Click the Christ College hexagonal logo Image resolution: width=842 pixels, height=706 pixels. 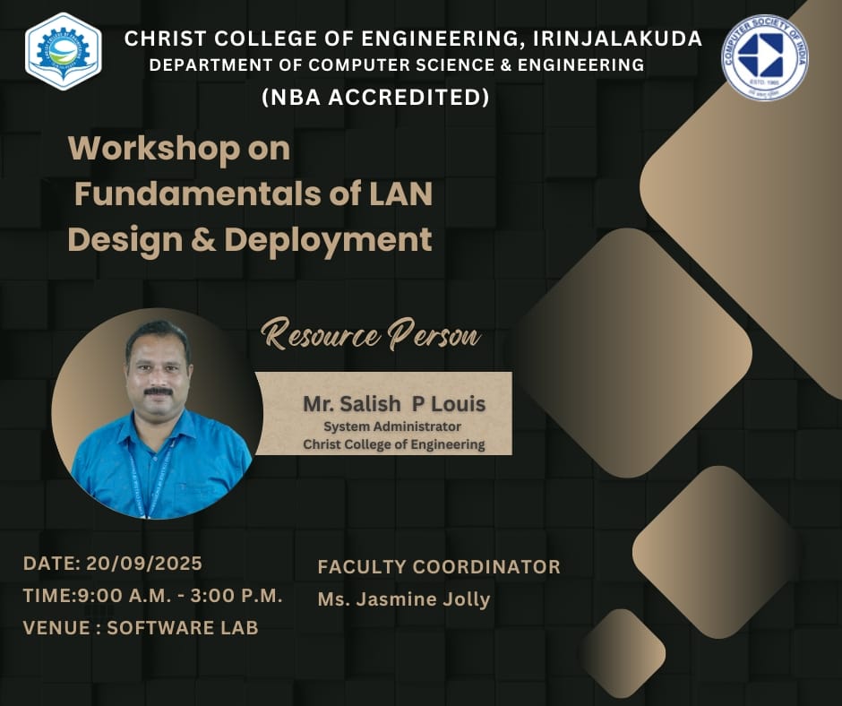[x=64, y=52]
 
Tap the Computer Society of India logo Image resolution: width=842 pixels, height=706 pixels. [x=764, y=57]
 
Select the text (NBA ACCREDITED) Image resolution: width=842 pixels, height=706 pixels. [x=375, y=98]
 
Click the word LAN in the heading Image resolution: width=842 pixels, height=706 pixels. [x=401, y=194]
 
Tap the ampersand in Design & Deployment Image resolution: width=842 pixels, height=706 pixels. [x=203, y=239]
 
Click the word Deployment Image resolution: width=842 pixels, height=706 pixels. [x=328, y=241]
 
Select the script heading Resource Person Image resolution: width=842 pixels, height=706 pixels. [x=372, y=335]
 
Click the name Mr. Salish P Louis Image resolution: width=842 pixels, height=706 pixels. [x=394, y=404]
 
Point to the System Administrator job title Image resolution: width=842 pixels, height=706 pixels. [x=392, y=426]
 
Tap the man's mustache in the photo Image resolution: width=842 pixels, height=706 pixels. [x=159, y=392]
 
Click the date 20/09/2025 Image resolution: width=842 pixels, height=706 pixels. [x=144, y=563]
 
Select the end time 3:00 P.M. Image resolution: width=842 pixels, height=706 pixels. [x=236, y=596]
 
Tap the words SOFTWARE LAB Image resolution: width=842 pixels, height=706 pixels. [x=183, y=627]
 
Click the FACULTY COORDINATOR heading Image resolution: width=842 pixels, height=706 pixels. [x=439, y=567]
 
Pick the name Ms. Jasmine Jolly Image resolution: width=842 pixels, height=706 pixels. [x=404, y=599]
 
